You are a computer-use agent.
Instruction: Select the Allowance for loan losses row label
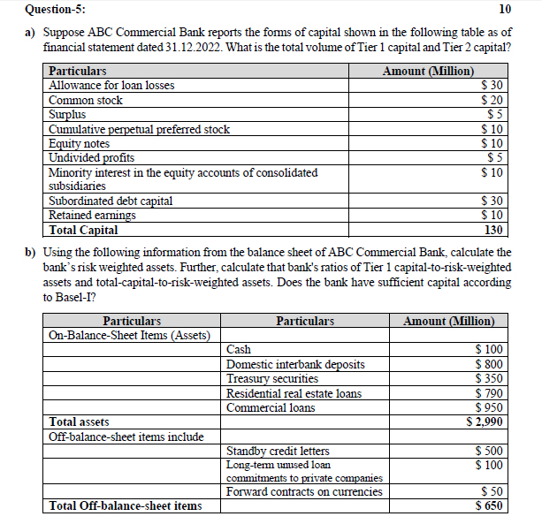[111, 85]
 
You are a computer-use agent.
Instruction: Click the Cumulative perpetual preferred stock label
[139, 129]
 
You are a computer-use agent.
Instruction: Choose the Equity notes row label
[79, 143]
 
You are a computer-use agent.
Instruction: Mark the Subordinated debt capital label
[111, 201]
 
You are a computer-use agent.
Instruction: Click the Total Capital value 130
[494, 230]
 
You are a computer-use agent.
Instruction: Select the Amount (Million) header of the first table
[428, 71]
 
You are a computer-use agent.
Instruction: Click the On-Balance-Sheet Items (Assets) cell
[129, 335]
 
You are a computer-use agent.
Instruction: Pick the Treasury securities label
[272, 378]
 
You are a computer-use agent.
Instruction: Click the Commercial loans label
[271, 407]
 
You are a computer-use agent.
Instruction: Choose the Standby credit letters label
[278, 451]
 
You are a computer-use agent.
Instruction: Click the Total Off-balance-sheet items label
[126, 505]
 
